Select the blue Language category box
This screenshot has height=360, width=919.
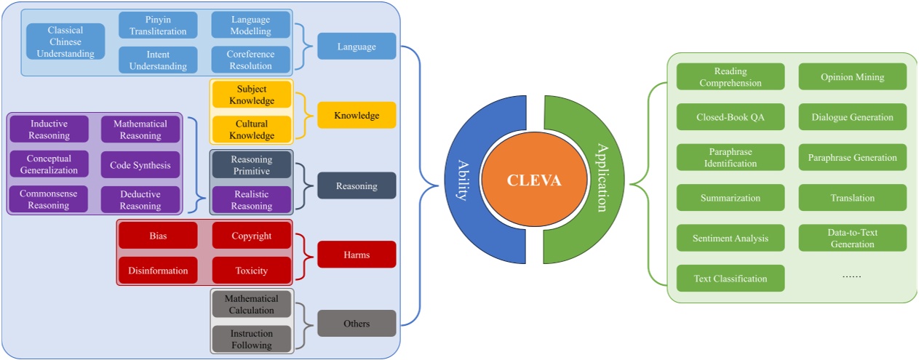pyautogui.click(x=357, y=47)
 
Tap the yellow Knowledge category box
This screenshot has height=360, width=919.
pyautogui.click(x=357, y=115)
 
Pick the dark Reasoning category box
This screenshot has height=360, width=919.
pyautogui.click(x=357, y=185)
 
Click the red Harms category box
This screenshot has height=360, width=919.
pyautogui.click(x=357, y=254)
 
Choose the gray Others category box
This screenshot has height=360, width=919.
pyautogui.click(x=357, y=323)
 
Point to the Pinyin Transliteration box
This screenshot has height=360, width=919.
pyautogui.click(x=158, y=25)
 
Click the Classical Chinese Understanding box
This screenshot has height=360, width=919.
pyautogui.click(x=65, y=41)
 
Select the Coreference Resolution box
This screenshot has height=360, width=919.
pyautogui.click(x=251, y=60)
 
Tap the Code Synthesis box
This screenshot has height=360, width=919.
pyautogui.click(x=140, y=164)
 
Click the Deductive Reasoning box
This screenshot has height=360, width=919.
pyautogui.click(x=140, y=199)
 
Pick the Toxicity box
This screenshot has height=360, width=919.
pyautogui.click(x=251, y=271)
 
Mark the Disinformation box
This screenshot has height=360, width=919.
pyautogui.click(x=158, y=271)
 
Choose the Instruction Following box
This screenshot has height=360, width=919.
pyautogui.click(x=251, y=339)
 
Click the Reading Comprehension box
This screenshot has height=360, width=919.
pyautogui.click(x=731, y=77)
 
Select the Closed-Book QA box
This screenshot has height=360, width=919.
pyautogui.click(x=731, y=116)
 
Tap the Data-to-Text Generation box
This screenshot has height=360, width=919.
pyautogui.click(x=853, y=238)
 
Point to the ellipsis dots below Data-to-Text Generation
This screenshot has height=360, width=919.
pyautogui.click(x=851, y=276)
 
